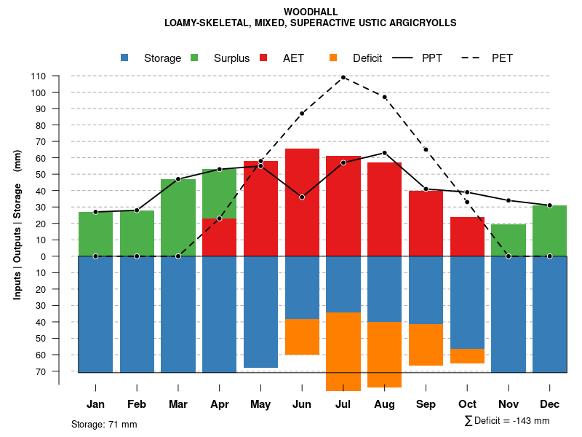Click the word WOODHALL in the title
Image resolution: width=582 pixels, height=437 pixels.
tap(310, 12)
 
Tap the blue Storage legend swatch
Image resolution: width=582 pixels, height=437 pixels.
tap(125, 58)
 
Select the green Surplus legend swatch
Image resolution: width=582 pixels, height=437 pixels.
tap(195, 58)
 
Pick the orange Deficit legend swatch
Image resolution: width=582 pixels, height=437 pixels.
tap(334, 58)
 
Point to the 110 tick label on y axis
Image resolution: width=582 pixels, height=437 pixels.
tap(39, 76)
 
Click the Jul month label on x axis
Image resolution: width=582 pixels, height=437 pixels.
tap(343, 404)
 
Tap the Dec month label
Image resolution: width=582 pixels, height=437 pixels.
tap(549, 404)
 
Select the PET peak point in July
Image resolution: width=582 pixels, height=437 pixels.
tap(343, 77)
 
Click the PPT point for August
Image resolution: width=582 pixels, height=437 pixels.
tap(384, 153)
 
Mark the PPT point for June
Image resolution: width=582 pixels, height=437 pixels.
tap(302, 197)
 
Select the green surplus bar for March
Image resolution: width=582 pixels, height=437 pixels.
tap(178, 218)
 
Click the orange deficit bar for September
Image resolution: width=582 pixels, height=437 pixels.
tap(426, 345)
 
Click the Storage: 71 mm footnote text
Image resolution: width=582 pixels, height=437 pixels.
tap(104, 424)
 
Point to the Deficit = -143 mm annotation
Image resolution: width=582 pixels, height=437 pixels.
tap(507, 421)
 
